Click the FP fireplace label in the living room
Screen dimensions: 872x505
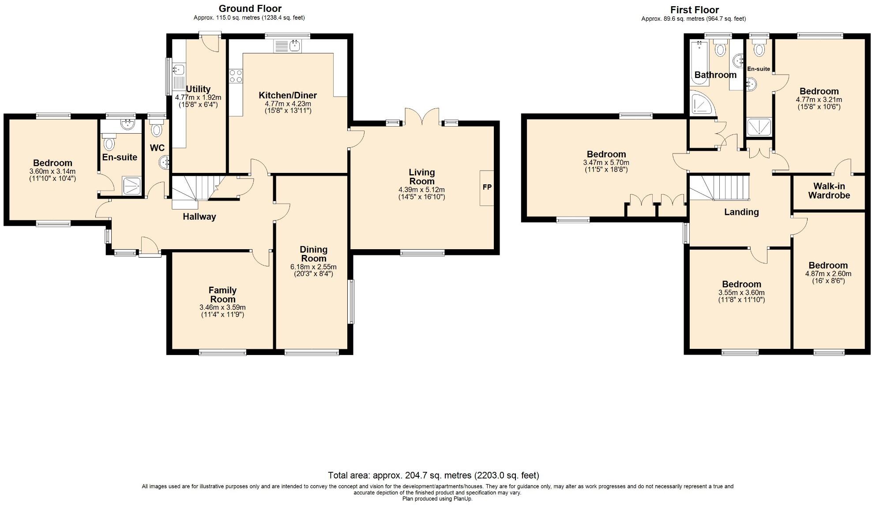[487, 187]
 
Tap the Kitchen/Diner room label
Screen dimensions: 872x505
[288, 95]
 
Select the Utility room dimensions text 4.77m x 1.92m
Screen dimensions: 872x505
[198, 97]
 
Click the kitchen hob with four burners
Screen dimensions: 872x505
[236, 76]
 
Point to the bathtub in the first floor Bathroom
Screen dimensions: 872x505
[699, 62]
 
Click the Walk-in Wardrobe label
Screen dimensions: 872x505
[829, 191]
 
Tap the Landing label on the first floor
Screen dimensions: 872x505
[741, 212]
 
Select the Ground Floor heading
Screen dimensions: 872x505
[250, 8]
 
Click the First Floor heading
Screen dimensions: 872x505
[694, 10]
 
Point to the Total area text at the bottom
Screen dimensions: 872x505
[433, 475]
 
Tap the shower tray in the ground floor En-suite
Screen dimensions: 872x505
[132, 186]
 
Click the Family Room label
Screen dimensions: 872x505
[222, 295]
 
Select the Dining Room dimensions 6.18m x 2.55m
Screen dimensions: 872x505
[313, 267]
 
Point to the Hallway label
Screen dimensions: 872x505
[199, 217]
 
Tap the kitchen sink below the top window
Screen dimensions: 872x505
[287, 45]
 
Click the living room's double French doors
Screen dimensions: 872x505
[421, 117]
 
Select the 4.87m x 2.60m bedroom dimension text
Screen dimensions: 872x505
[828, 273]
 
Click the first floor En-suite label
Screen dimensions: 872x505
[759, 69]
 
